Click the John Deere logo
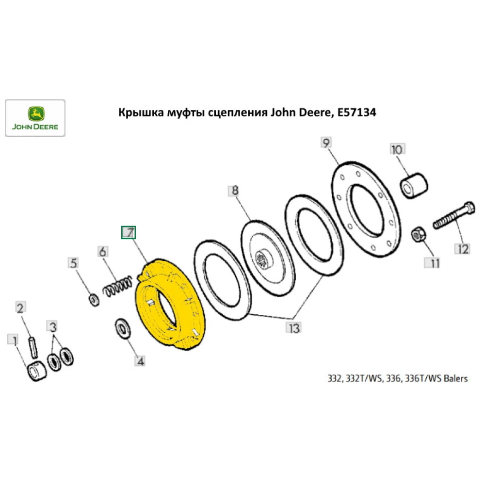coord(35,118)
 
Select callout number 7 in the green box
coord(129,233)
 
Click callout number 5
coord(73,263)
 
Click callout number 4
coord(140,360)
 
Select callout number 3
coord(53,325)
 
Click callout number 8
coord(235,191)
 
